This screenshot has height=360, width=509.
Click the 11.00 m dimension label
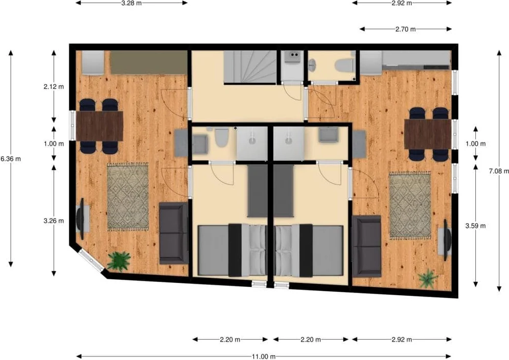click(x=264, y=356)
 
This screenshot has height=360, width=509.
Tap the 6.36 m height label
click(x=10, y=159)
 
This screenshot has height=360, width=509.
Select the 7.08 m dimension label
click(x=499, y=171)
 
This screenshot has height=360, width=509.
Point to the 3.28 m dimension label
click(x=131, y=3)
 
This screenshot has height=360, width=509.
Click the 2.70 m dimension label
click(x=405, y=29)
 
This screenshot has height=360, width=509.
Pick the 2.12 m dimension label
click(x=54, y=87)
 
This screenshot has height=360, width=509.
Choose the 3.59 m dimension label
click(x=476, y=226)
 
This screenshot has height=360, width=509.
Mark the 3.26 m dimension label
click(x=54, y=221)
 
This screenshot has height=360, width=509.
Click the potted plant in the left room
click(x=119, y=261)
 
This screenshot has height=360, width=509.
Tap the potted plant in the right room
click(x=428, y=279)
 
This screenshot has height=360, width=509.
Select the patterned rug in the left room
click(x=128, y=197)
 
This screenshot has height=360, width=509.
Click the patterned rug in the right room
click(x=410, y=206)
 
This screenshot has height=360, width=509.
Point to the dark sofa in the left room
click(x=173, y=233)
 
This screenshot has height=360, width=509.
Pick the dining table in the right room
click(x=428, y=134)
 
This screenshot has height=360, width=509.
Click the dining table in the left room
click(x=99, y=126)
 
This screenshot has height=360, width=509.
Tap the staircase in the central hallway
click(x=250, y=67)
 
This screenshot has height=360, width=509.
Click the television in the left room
click(x=81, y=219)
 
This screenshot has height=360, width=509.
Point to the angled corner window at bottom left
click(x=92, y=260)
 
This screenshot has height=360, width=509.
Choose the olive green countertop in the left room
click(x=148, y=62)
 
